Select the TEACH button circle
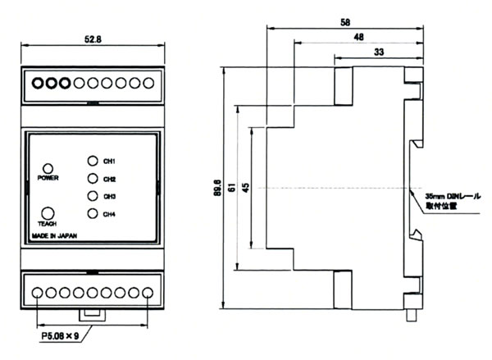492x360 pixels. coord(48,212)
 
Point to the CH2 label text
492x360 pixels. coord(110,179)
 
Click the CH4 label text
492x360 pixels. coord(110,215)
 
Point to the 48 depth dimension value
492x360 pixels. coord(358,37)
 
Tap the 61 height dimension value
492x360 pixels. coord(232,189)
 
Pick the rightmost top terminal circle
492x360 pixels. coord(148,83)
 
